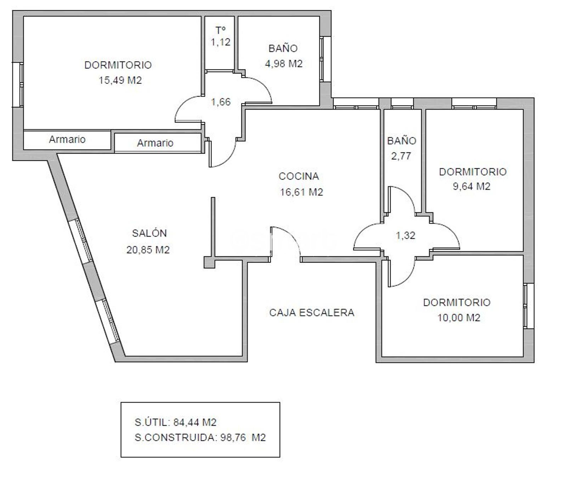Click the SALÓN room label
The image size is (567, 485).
(149, 233)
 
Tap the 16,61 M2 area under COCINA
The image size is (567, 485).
(302, 192)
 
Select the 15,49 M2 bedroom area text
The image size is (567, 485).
(120, 80)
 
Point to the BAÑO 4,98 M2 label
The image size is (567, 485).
(283, 56)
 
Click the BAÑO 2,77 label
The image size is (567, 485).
(402, 148)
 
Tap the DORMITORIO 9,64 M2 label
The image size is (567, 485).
(472, 179)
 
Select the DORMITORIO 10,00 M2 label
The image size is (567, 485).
(457, 310)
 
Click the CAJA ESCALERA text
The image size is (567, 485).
(312, 313)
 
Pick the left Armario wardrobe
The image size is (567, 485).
(67, 139)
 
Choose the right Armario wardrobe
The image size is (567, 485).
(155, 143)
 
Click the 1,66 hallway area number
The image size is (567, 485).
(221, 102)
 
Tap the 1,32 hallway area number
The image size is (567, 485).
(405, 235)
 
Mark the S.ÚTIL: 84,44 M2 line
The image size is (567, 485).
(175, 422)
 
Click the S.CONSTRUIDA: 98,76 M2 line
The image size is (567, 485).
(200, 438)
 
